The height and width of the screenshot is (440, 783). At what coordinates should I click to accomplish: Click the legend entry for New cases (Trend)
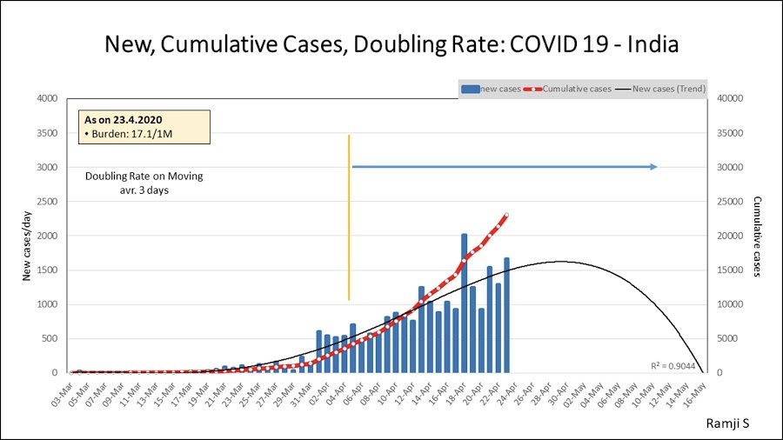(x=668, y=88)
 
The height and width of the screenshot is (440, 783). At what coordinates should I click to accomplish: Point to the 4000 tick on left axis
(x=47, y=98)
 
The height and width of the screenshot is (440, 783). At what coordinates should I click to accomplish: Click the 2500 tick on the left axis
(x=47, y=202)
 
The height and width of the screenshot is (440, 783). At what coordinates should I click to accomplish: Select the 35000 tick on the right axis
(x=729, y=133)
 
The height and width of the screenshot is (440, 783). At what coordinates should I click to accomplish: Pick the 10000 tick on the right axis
(x=729, y=304)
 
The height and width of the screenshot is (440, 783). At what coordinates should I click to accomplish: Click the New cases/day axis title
(x=27, y=236)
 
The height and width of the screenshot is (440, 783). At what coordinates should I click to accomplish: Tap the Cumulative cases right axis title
(x=758, y=236)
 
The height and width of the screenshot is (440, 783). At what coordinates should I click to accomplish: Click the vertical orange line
(x=349, y=217)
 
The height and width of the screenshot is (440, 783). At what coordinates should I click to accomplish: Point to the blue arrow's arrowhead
(x=653, y=167)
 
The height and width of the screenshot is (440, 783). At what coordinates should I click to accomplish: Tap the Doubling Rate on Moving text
(x=144, y=177)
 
